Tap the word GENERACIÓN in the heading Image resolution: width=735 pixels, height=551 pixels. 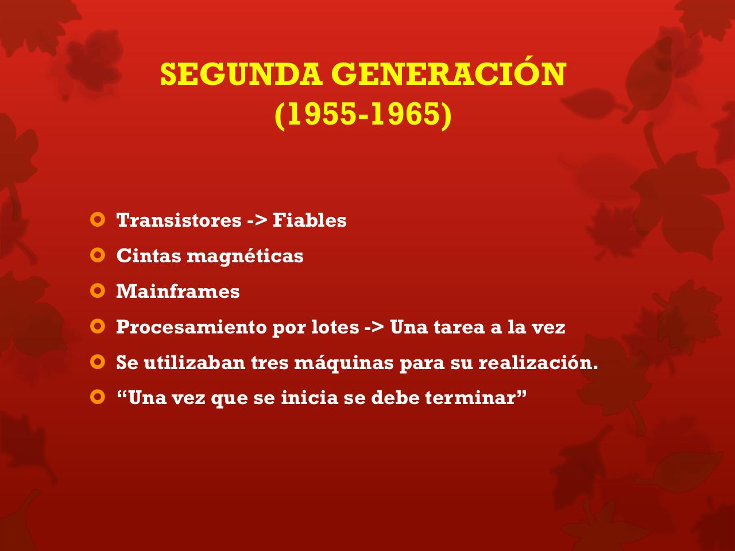[448, 75]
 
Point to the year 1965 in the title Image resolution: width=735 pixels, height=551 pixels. [407, 115]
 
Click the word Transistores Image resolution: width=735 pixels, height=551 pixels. [179, 220]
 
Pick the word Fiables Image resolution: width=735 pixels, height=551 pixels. [310, 220]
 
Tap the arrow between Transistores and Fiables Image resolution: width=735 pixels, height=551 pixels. [257, 221]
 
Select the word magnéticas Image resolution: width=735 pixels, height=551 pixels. [245, 256]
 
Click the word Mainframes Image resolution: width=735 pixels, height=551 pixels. [178, 292]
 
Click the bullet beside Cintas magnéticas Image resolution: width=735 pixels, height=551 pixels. [98, 255]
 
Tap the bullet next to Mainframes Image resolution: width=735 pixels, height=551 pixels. [98, 290]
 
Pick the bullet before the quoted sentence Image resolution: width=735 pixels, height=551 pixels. [98, 397]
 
